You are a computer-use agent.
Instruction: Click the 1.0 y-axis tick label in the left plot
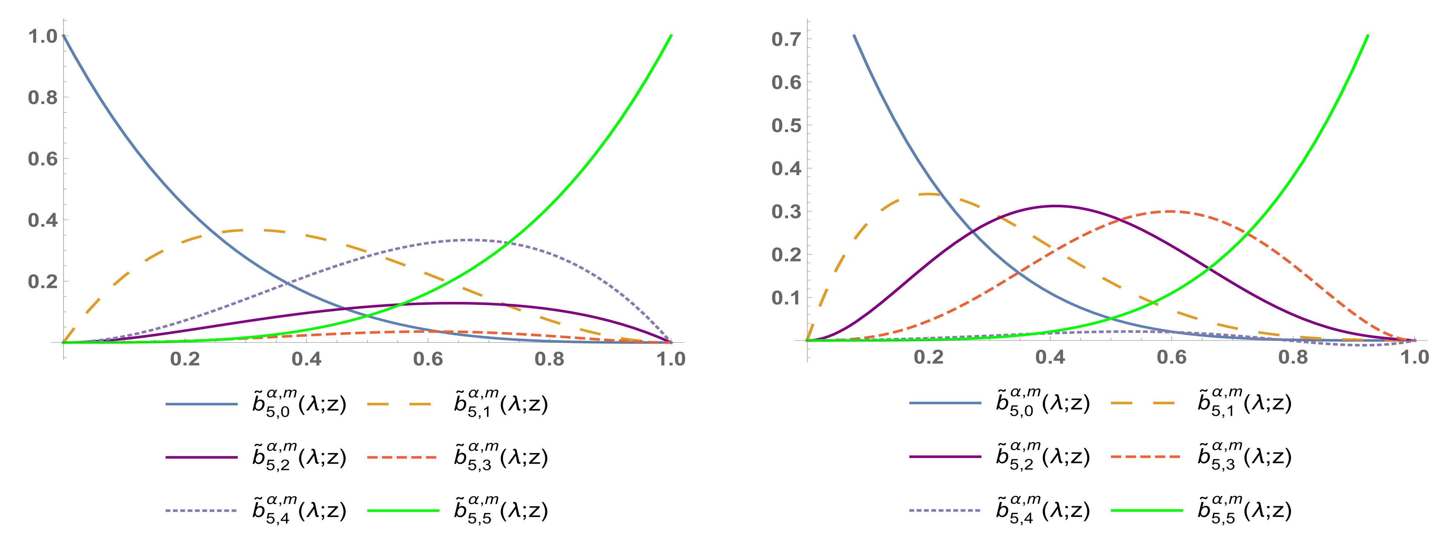click(43, 37)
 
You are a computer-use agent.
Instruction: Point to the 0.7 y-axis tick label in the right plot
click(786, 40)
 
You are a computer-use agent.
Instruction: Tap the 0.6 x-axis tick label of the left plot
click(428, 359)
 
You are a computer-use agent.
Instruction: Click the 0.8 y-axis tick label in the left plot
click(43, 98)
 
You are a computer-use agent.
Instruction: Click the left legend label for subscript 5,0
click(299, 404)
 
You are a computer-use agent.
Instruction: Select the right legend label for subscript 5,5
click(1244, 510)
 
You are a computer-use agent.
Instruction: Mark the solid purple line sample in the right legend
click(945, 457)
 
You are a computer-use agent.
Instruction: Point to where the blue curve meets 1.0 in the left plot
click(64, 36)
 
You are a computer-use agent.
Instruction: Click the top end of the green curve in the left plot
click(671, 36)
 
